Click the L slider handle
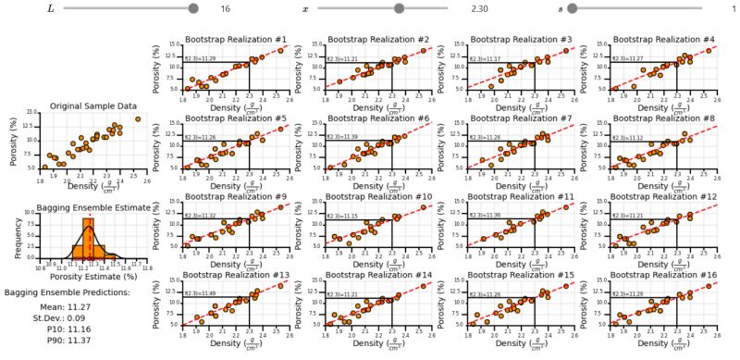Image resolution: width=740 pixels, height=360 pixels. click(x=193, y=8)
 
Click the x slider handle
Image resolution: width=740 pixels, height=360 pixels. click(x=399, y=8)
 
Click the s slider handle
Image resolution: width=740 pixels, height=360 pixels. click(x=573, y=8)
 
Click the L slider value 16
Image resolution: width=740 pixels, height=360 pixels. click(x=225, y=8)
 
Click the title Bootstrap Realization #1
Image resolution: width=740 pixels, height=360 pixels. click(x=236, y=40)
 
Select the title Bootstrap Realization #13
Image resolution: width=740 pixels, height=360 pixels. click(x=236, y=275)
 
